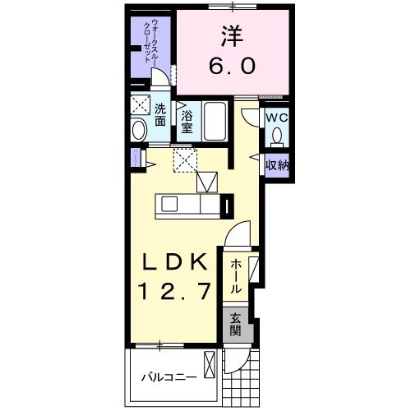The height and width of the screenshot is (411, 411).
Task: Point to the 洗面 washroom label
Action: (x=159, y=113)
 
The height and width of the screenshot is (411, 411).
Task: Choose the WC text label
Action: (x=275, y=118)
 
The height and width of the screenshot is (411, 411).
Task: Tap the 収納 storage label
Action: (x=275, y=164)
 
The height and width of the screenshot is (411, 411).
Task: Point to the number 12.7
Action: (x=173, y=290)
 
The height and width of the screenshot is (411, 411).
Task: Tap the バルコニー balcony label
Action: (x=168, y=379)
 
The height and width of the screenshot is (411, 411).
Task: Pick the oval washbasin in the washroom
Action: (x=139, y=129)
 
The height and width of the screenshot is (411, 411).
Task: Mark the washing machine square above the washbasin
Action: (x=139, y=105)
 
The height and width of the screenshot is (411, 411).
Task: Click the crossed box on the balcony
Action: (x=210, y=363)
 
